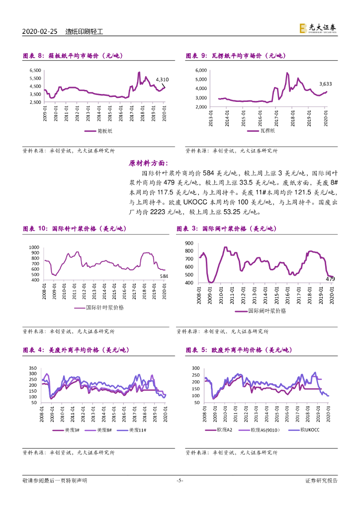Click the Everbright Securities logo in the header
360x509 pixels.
[x=317, y=29]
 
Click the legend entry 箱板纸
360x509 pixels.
[x=104, y=131]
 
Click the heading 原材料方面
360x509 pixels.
[x=149, y=163]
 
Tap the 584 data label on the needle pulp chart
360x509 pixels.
[x=163, y=276]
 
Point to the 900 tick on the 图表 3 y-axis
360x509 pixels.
[x=188, y=243]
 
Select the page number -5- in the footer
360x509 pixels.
[x=180, y=480]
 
